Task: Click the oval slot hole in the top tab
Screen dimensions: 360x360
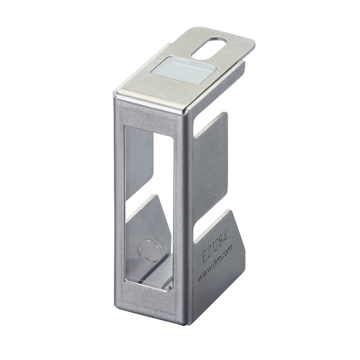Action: click(209, 48)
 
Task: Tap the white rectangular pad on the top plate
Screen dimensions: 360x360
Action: click(184, 70)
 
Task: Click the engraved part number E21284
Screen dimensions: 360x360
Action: click(215, 247)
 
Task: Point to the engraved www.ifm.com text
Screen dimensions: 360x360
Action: click(215, 263)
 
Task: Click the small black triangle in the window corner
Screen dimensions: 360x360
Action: click(170, 287)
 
